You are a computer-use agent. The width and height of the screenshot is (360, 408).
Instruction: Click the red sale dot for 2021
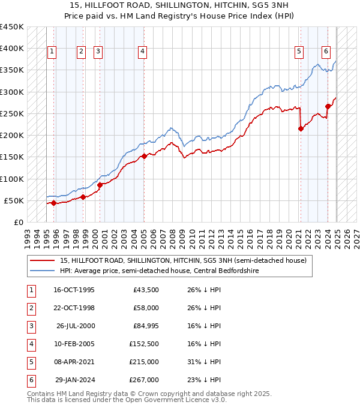[301, 128]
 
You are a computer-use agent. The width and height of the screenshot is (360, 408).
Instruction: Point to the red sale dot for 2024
[328, 106]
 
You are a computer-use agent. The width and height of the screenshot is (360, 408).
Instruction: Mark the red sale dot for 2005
[144, 156]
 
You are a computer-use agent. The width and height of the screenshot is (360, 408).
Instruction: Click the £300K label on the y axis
[11, 92]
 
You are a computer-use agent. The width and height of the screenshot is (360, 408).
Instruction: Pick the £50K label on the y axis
[14, 200]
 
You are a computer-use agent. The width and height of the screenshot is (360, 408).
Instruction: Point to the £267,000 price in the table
[143, 380]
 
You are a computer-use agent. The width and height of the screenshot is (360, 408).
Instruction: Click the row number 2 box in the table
[30, 308]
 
